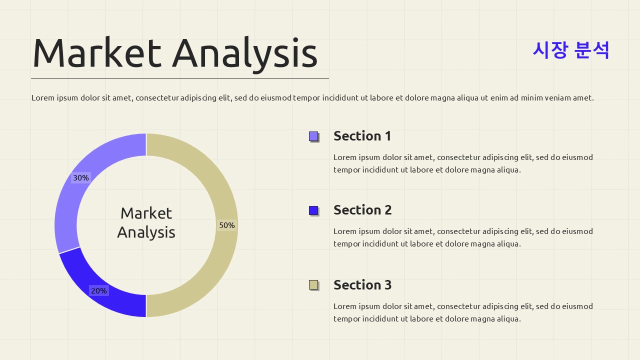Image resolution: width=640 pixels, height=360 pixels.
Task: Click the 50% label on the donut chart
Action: tap(226, 225)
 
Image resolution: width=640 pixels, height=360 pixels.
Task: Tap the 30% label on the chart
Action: tap(81, 178)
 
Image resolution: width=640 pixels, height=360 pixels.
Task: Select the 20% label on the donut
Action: tap(98, 291)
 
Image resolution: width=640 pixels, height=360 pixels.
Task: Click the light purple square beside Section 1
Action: tap(313, 136)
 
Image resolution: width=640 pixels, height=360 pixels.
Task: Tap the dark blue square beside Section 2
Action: tap(313, 210)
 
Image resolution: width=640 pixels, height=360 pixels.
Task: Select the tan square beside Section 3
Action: tap(313, 285)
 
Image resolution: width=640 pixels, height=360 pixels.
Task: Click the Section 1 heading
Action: tap(362, 136)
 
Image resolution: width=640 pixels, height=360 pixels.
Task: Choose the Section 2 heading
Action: tap(362, 210)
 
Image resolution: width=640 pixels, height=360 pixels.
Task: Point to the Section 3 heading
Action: tap(362, 285)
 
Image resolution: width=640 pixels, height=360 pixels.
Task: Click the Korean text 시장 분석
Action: tap(570, 50)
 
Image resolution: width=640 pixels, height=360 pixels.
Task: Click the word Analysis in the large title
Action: tap(245, 52)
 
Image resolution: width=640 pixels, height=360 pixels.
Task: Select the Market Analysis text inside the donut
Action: tap(146, 222)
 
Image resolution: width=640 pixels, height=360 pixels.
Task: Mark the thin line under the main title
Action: tap(180, 78)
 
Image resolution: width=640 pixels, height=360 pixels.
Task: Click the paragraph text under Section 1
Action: tap(463, 163)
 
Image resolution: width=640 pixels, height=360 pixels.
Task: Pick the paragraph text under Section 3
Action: tap(463, 312)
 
